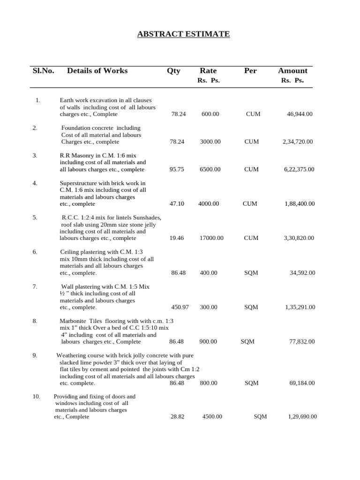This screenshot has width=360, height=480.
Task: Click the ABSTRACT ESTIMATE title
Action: (x=183, y=34)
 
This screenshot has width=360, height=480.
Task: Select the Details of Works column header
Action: (x=97, y=71)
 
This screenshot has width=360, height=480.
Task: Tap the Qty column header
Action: (x=173, y=71)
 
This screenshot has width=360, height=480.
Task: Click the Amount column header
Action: (x=292, y=71)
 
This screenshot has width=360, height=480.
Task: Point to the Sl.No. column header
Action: (x=43, y=71)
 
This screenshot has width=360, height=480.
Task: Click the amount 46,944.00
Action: (x=300, y=114)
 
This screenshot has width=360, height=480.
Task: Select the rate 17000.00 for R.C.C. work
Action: (x=211, y=238)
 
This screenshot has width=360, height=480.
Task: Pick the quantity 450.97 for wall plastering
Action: (x=180, y=307)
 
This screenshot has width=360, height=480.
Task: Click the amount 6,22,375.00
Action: (x=298, y=169)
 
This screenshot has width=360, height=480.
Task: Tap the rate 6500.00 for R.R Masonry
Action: (x=210, y=169)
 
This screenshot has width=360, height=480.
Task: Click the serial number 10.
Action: (x=37, y=397)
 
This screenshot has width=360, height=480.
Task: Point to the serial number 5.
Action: (x=35, y=217)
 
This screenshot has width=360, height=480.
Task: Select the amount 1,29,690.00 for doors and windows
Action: (x=302, y=417)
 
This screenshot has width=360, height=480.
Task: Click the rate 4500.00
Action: (x=212, y=417)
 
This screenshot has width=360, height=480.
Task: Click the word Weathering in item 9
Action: (x=74, y=356)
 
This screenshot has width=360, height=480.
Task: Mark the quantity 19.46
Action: (x=177, y=238)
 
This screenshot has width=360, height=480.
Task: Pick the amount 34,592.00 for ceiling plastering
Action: (x=302, y=273)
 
